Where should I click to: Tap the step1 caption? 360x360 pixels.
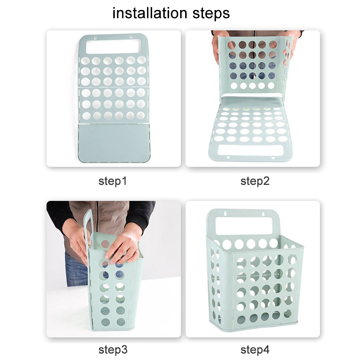(x=113, y=181)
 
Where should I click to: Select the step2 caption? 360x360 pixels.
(x=255, y=181)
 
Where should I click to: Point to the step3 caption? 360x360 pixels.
(x=113, y=349)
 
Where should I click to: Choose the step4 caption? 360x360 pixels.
(x=255, y=349)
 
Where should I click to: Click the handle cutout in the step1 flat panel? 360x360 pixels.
(x=113, y=46)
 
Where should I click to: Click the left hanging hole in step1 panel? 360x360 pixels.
(x=95, y=36)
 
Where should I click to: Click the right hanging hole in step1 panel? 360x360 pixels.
(x=131, y=36)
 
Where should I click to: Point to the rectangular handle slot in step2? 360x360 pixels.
(x=251, y=150)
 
